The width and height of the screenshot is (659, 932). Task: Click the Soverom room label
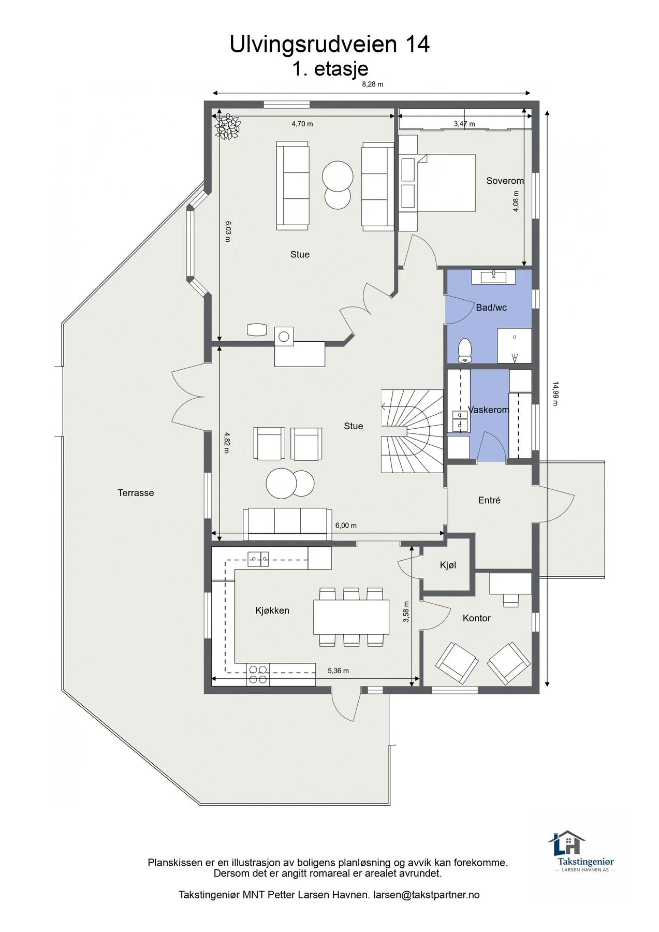505,181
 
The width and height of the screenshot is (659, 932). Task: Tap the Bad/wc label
491,308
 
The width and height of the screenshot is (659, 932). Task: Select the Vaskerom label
488,410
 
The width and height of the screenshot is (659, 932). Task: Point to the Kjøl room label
448,565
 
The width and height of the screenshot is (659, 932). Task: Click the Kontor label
476,618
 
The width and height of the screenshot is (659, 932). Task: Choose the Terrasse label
136,493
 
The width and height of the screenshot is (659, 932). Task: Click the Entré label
489,500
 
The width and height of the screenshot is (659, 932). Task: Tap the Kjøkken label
272,610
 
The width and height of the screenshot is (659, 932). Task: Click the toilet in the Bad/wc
465,351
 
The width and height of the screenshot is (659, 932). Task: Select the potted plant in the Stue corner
228,126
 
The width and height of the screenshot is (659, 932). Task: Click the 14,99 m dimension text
555,394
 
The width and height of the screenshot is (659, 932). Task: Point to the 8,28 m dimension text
372,84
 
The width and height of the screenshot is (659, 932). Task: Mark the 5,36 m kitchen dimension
338,671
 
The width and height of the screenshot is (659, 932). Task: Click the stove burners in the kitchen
258,674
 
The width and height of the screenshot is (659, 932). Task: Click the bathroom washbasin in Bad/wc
494,276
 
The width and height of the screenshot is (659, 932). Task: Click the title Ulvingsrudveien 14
330,45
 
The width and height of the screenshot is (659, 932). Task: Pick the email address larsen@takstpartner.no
427,895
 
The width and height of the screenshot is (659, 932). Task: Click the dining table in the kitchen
351,617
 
